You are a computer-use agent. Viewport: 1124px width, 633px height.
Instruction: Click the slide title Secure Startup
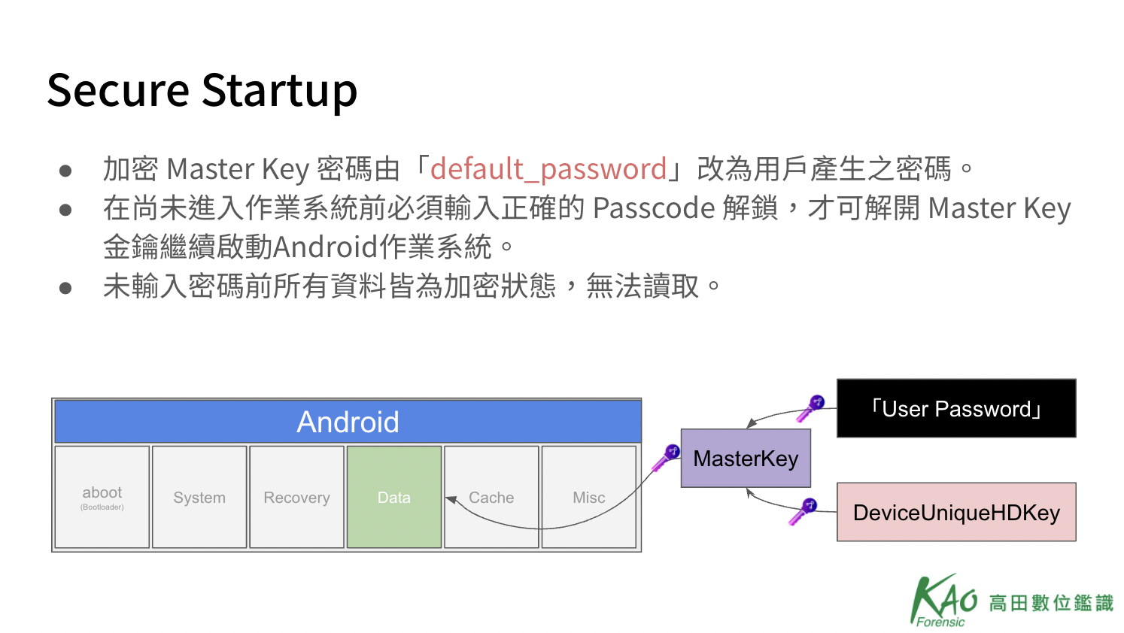tap(202, 91)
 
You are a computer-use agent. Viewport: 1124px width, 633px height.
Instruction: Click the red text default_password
tap(548, 169)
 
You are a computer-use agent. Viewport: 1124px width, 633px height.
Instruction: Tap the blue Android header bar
tap(348, 421)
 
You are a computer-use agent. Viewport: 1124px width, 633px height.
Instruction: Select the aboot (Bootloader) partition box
tap(102, 497)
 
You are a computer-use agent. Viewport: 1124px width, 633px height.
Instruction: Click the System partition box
tap(199, 497)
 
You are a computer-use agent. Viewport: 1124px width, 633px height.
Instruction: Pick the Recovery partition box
tap(296, 497)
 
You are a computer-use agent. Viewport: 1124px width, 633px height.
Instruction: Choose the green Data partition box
tap(394, 497)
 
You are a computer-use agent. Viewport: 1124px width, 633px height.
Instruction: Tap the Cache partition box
tap(491, 497)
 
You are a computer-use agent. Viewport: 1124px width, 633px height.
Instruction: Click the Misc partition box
tap(588, 497)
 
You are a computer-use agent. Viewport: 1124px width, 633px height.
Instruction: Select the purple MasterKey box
tap(746, 458)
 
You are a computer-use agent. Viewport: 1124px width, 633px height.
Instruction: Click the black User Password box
tap(956, 408)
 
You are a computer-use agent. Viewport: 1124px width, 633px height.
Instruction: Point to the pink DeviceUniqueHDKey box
tap(956, 512)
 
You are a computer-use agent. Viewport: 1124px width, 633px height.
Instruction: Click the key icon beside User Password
tap(810, 408)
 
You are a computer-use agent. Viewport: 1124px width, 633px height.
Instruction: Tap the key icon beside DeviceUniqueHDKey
tap(802, 512)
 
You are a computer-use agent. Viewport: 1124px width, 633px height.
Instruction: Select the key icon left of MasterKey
tap(665, 457)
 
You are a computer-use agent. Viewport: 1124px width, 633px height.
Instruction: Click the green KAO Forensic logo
tap(1011, 601)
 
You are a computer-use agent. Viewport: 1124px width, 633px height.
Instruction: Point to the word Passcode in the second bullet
tap(654, 208)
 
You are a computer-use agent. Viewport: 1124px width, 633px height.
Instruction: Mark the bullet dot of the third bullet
tap(65, 288)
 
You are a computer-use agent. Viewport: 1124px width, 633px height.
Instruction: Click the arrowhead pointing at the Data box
tap(451, 500)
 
